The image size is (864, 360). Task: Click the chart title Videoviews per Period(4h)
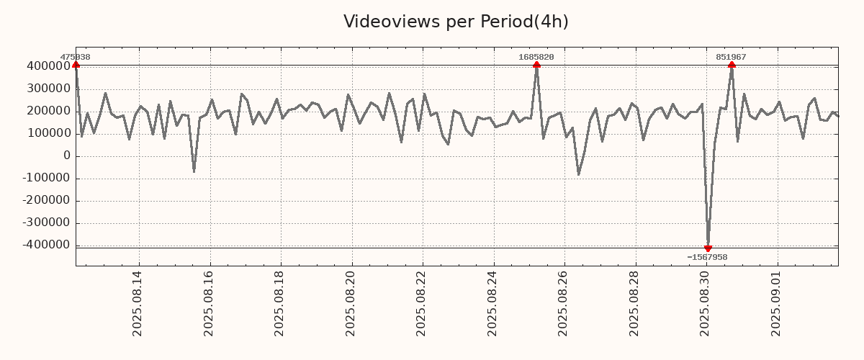pos(456,22)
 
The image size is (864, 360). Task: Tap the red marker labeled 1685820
pos(536,65)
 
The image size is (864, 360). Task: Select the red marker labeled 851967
pos(732,65)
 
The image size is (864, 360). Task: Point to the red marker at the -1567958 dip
pos(708,248)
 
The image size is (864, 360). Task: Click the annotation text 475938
pos(75,57)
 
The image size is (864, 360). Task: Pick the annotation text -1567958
pos(707,257)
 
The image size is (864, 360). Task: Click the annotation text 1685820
pos(536,57)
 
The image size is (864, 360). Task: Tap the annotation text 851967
pos(731,57)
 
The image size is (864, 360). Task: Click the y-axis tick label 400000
pos(46,66)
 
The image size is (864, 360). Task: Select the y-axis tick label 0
pos(67,156)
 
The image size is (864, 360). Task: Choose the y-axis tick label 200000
pos(46,111)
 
